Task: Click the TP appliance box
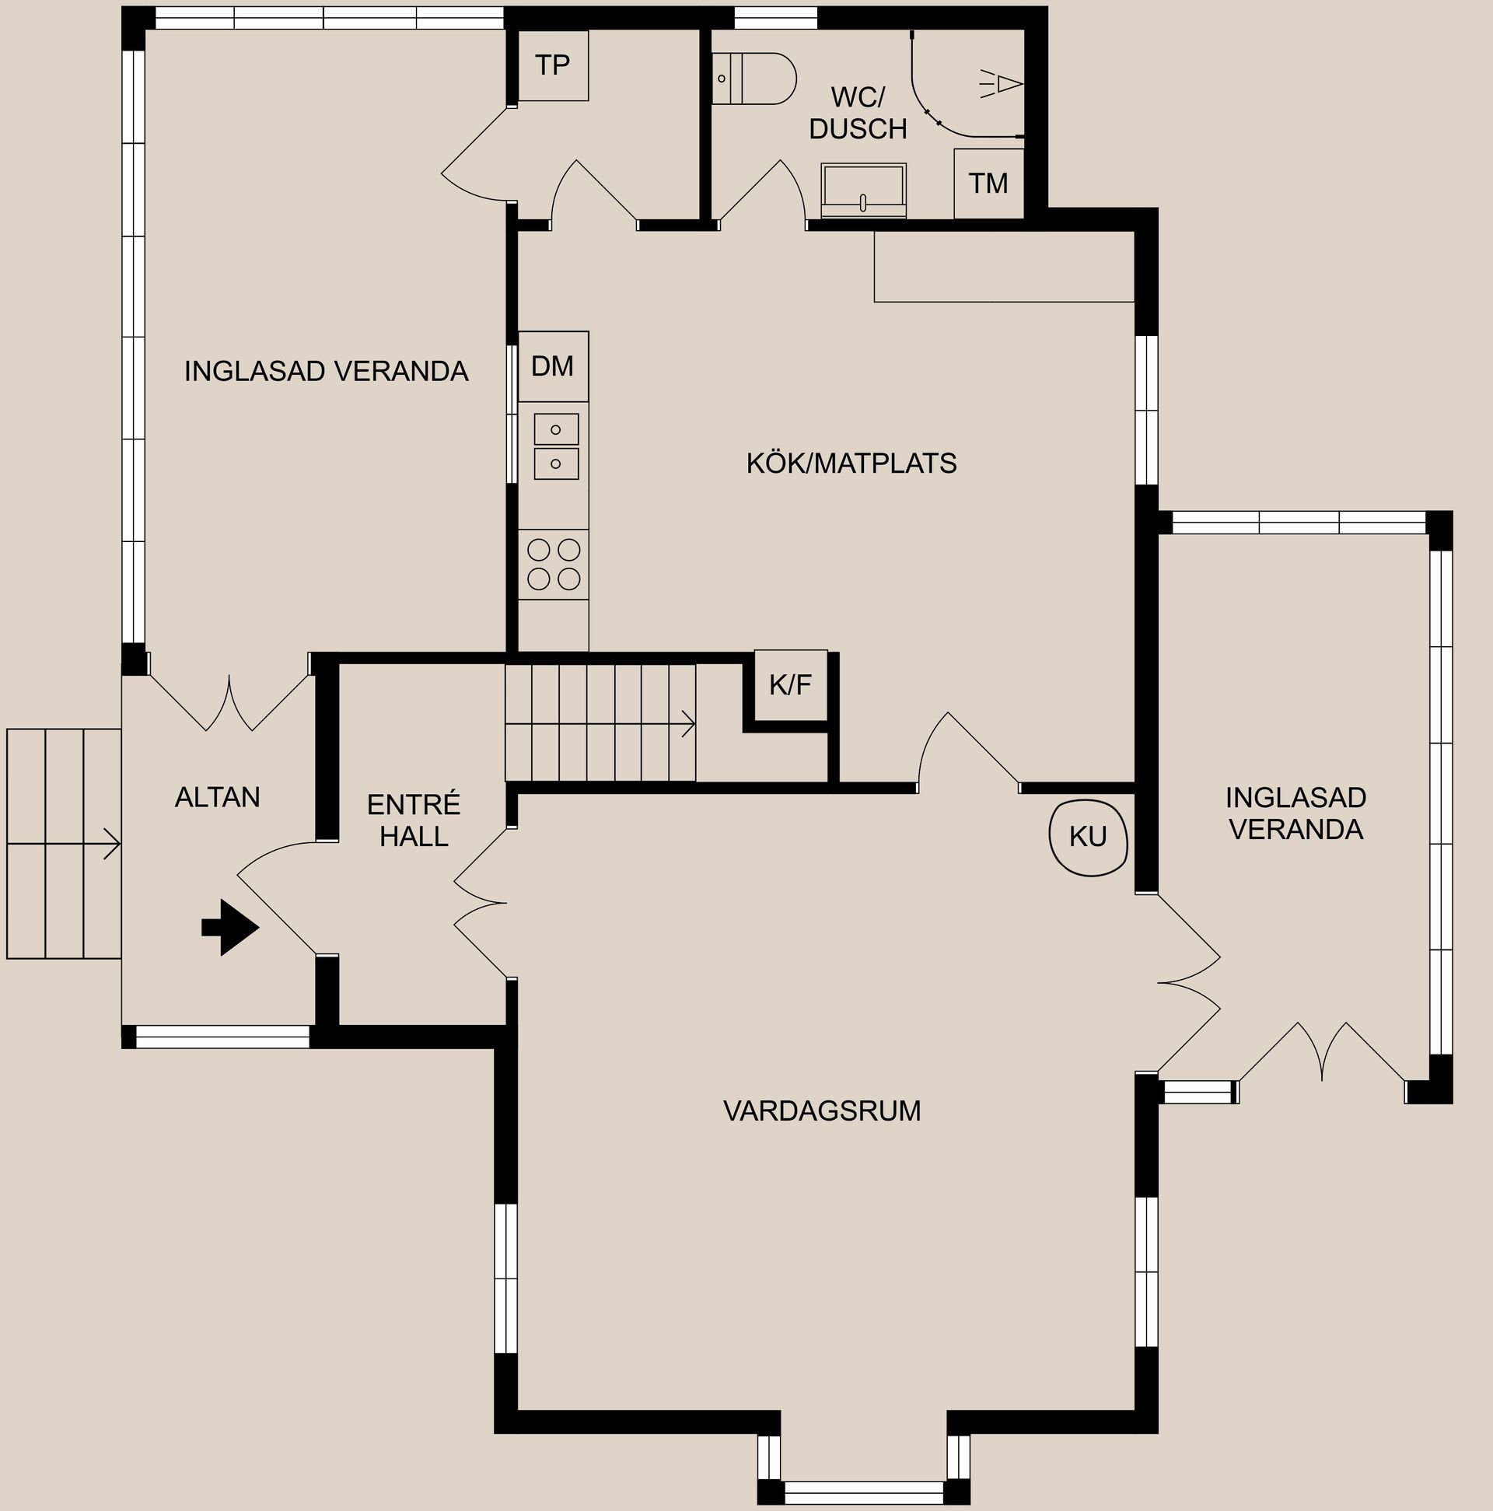pos(553,65)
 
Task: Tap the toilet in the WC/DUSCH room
pos(754,79)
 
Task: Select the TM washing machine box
pos(988,184)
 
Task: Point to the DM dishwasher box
pos(553,366)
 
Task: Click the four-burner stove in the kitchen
pos(554,565)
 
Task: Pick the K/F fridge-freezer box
pos(791,685)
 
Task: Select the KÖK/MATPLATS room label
pos(851,463)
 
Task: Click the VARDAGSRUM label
pos(822,1111)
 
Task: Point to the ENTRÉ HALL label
pos(414,820)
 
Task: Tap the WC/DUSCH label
pos(858,114)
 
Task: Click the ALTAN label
pos(218,798)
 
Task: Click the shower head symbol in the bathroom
pos(1002,84)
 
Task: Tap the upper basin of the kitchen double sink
pos(556,429)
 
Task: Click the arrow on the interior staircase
pos(600,723)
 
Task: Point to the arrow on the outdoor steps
pos(63,845)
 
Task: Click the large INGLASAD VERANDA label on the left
pos(326,372)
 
